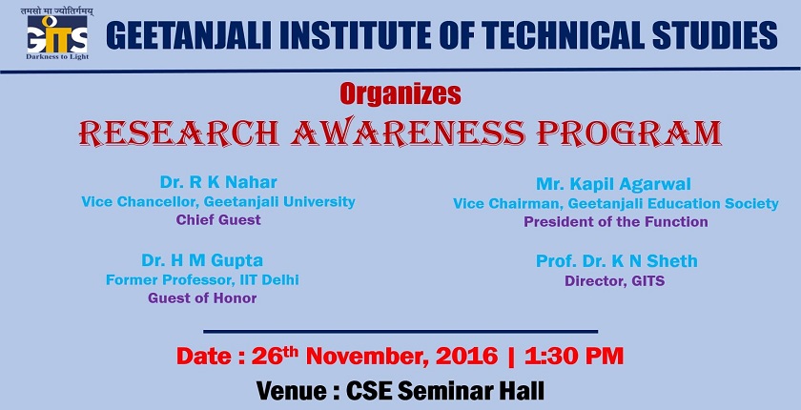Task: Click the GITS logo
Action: point(57,34)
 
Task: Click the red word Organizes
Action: point(400,93)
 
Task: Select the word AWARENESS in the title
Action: point(408,133)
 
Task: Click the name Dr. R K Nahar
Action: point(218,182)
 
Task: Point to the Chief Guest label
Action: point(218,220)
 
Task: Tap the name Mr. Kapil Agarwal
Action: point(613,184)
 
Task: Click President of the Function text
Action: point(616,222)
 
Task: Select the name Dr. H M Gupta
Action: point(202,261)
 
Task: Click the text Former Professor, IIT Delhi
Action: point(202,279)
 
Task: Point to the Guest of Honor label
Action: point(202,298)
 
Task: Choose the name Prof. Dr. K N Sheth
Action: point(617,261)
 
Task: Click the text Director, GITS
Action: point(614,281)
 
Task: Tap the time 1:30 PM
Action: point(574,356)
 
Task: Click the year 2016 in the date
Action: point(467,356)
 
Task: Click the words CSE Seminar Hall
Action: point(445,391)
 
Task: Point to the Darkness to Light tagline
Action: point(57,56)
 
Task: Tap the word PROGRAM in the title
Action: point(628,133)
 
